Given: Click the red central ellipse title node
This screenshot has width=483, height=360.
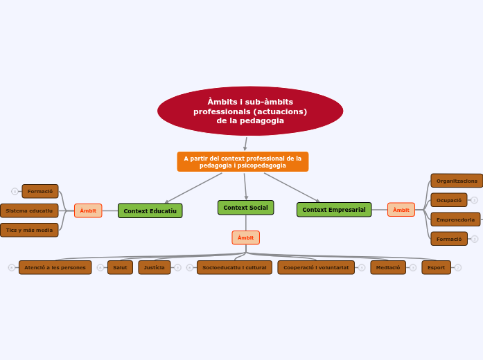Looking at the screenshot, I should [x=250, y=111].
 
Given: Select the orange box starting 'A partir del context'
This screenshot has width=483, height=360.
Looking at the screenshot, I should [x=243, y=162].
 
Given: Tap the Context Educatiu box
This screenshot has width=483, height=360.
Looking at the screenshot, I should [x=150, y=210].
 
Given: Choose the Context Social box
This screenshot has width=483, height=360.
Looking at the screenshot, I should [x=245, y=208].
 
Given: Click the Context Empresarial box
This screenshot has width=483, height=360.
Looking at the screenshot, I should [x=334, y=210].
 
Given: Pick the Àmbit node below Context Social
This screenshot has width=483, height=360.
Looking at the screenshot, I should [x=245, y=237].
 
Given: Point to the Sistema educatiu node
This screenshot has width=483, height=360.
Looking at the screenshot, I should [x=29, y=210].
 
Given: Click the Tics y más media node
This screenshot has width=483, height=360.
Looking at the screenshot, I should [x=29, y=230].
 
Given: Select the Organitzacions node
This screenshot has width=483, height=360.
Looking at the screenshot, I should [x=457, y=181].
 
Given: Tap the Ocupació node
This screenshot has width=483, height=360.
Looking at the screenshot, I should [x=449, y=200].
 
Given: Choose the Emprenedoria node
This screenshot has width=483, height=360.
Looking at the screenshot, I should [x=455, y=219].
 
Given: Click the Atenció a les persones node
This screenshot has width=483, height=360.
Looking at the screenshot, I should [x=55, y=267].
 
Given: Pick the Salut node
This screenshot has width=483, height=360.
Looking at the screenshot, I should [x=120, y=267].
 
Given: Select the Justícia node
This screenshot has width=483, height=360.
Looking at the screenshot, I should [x=154, y=267].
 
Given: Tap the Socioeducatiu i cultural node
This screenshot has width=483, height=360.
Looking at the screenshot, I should [x=234, y=267].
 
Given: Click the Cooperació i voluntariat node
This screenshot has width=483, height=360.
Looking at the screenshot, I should [x=316, y=267].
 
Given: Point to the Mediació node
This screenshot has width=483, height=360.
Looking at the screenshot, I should [x=388, y=267].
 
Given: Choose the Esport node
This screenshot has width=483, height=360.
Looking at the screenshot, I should [x=436, y=267].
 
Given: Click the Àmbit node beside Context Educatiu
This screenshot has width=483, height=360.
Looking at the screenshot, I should [x=88, y=210].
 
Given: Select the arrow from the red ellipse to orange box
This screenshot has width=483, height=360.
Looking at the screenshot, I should [x=245, y=143].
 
